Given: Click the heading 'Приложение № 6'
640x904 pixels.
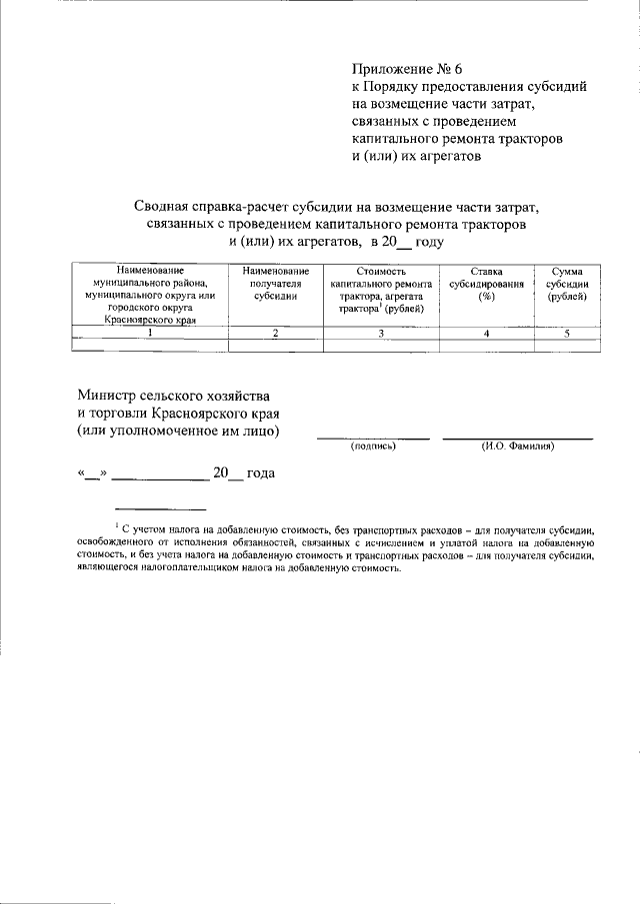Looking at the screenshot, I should pos(408,69).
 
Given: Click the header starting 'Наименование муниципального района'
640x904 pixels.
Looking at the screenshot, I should pos(150,295).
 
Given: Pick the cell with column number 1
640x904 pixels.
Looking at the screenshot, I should pos(150,334).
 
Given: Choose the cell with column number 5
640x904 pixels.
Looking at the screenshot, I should pos(566,334).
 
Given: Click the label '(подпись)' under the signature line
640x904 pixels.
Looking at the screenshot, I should pos(373,447).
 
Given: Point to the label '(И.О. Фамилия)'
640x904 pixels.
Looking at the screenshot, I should pos(517,447).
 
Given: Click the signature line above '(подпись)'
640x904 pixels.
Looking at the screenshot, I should pos(373,438).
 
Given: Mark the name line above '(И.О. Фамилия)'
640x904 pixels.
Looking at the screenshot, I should pos(517,438).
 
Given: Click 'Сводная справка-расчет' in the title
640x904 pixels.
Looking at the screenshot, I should pos(213,206).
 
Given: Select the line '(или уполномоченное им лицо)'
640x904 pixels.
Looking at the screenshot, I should pos(179,431).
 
